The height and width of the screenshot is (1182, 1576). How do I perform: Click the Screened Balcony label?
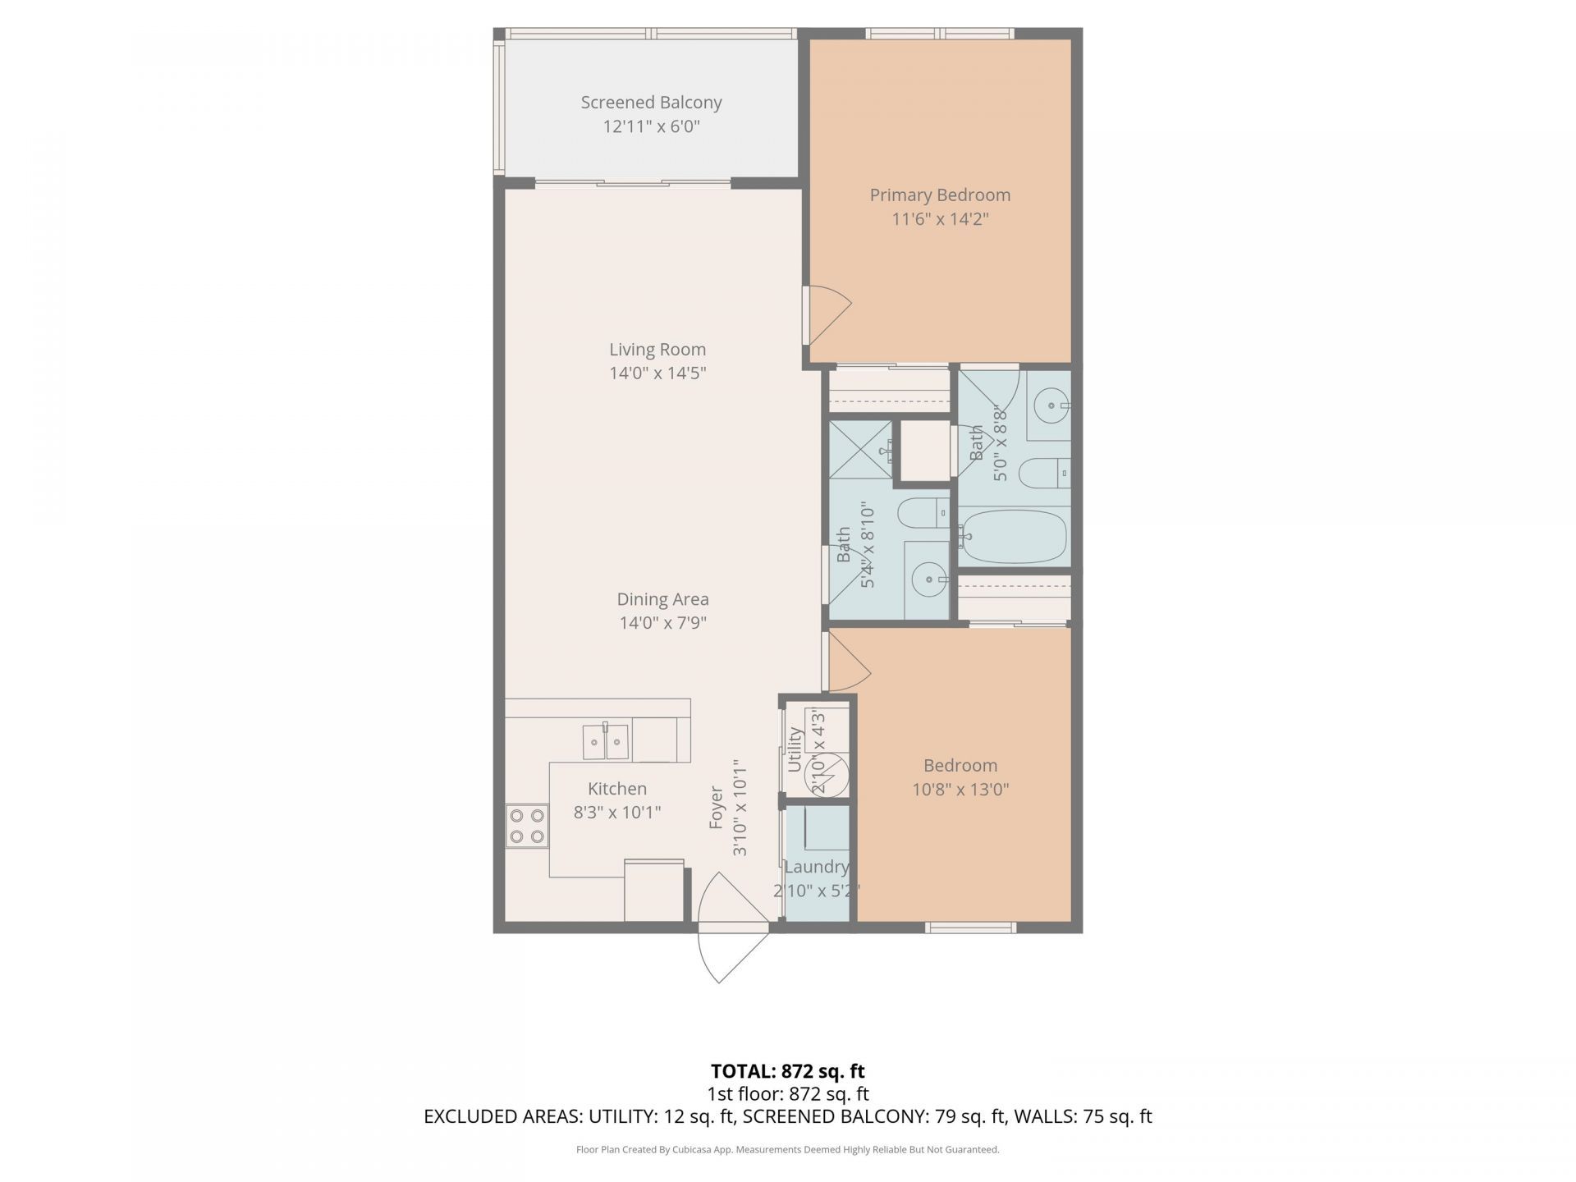651,103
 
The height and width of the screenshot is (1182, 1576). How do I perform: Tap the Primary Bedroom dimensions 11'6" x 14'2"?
940,219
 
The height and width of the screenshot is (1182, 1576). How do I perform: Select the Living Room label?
657,350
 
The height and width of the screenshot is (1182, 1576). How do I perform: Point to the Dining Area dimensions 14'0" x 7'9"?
662,623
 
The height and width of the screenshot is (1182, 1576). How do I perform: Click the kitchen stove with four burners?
527,826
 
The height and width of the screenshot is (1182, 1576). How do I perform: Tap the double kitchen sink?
606,742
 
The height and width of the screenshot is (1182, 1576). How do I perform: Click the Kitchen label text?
617,789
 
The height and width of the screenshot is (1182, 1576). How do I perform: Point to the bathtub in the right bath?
1014,536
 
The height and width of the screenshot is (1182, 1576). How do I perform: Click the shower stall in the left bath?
860,449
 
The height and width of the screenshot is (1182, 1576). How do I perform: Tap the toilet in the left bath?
923,514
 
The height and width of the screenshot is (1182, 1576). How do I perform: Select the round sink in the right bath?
1051,405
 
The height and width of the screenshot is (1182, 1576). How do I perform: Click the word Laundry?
816,867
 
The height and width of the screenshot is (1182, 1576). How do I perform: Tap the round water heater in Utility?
827,775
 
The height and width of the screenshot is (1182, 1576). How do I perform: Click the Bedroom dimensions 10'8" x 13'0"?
960,790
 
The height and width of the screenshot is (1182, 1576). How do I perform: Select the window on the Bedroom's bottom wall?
971,928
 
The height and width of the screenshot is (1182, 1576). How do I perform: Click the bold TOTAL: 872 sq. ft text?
788,1071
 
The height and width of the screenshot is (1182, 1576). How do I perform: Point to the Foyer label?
717,808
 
